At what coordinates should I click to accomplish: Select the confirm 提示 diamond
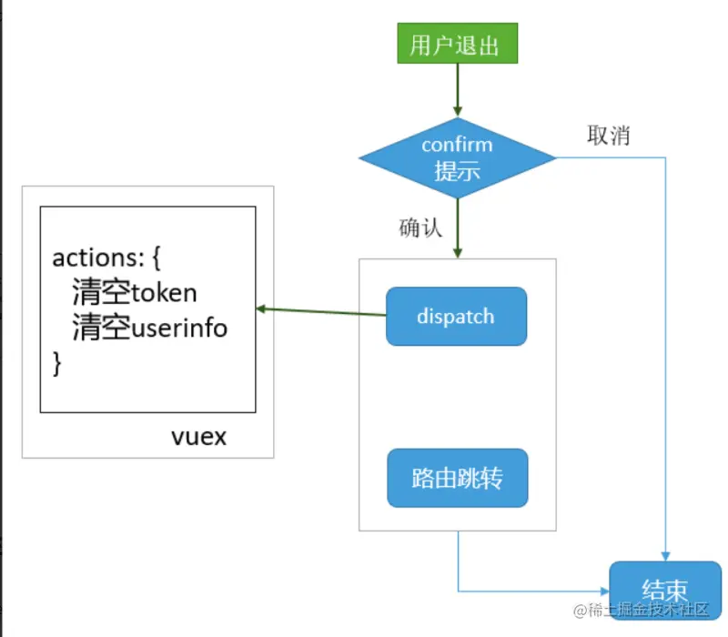(457, 157)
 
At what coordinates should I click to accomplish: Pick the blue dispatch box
(456, 317)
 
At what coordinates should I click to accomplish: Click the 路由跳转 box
(457, 478)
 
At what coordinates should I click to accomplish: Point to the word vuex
(199, 437)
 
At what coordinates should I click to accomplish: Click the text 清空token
(135, 292)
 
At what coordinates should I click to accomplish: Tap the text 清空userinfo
(150, 328)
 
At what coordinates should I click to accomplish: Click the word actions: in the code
(96, 258)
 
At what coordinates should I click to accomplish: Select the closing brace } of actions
(57, 363)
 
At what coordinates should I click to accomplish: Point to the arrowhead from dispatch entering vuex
(262, 308)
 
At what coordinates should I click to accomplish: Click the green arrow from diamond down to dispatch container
(457, 227)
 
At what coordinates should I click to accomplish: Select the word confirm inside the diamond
(457, 145)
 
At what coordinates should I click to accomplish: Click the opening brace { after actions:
(154, 258)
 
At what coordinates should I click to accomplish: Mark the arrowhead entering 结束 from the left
(603, 591)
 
